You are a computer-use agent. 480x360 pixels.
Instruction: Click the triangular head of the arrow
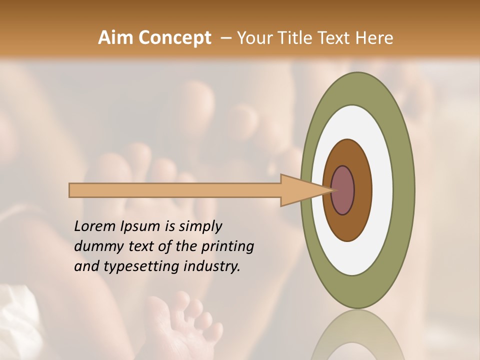coord(300,190)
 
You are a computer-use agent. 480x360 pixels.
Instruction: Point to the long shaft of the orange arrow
coord(175,190)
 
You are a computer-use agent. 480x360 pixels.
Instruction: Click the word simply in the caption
coord(200,226)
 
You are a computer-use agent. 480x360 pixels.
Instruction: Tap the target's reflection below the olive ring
coord(357,335)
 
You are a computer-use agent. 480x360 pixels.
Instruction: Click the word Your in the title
coord(254,38)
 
